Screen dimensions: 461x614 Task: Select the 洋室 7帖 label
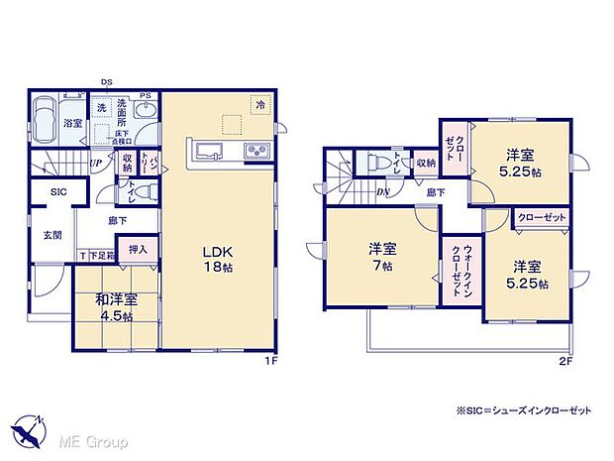pyautogui.click(x=381, y=257)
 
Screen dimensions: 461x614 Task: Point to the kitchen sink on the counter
pyautogui.click(x=211, y=151)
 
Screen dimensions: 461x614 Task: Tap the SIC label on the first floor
pyautogui.click(x=47, y=192)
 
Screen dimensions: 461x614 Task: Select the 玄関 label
pyautogui.click(x=52, y=235)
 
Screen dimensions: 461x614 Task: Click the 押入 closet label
pyautogui.click(x=138, y=251)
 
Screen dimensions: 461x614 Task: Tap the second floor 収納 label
pyautogui.click(x=426, y=162)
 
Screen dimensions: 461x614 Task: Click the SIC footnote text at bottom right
pyautogui.click(x=536, y=410)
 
